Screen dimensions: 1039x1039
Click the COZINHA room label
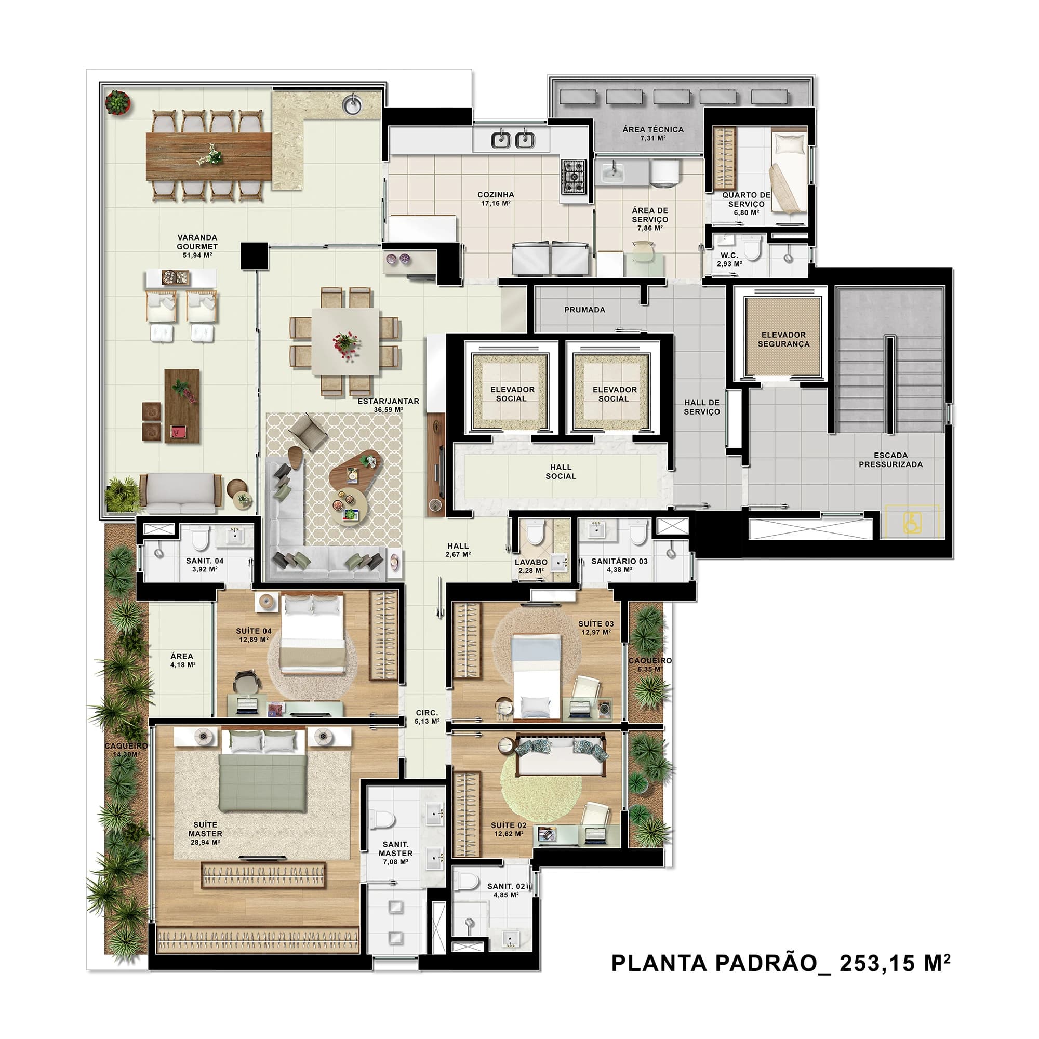pos(495,195)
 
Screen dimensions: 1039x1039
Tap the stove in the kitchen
pos(574,176)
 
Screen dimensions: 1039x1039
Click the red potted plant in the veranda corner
pos(117,102)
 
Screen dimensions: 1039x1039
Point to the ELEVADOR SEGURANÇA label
pos(783,339)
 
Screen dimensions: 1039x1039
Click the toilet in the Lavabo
pos(535,533)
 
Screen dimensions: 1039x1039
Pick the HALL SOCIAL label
pos(561,472)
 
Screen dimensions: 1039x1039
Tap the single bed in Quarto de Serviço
pos(789,172)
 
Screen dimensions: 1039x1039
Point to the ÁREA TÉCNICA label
pos(653,129)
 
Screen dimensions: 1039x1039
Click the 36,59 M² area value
pos(388,410)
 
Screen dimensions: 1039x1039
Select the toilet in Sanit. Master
pos(384,819)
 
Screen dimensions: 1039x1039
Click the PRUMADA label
pos(584,310)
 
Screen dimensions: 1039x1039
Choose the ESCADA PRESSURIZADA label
pos(890,459)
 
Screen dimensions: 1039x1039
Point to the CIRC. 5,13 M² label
pos(427,717)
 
